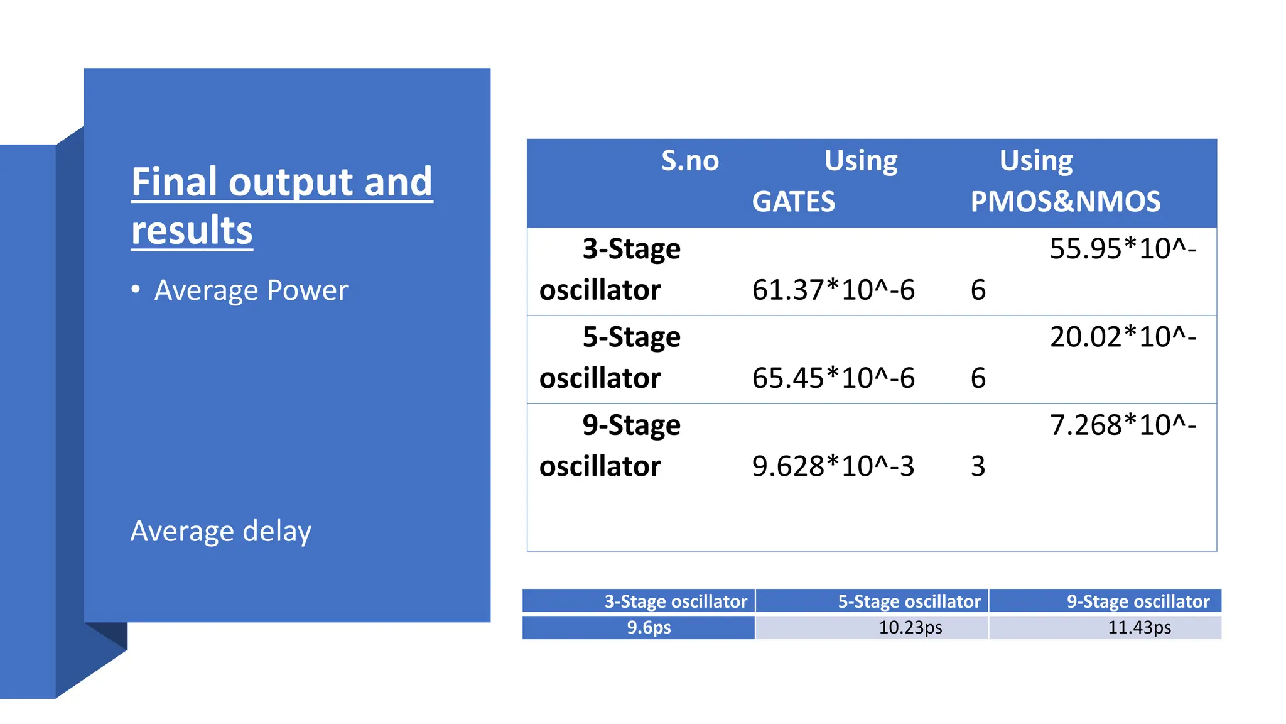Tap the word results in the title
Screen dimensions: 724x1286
(x=192, y=230)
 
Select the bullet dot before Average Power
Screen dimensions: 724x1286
(x=136, y=289)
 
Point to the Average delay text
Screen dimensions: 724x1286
(x=220, y=531)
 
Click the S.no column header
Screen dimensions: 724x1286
(x=689, y=161)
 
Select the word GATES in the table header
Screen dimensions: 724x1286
(x=794, y=202)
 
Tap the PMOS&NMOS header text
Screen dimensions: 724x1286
(x=1065, y=202)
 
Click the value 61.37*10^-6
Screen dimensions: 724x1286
(x=833, y=290)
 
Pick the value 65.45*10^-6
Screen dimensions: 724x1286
(x=833, y=378)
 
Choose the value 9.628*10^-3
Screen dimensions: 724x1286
(x=833, y=466)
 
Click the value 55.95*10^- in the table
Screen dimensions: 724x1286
(x=1123, y=249)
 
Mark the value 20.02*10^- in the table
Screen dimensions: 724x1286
(x=1123, y=337)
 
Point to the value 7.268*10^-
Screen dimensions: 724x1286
(x=1123, y=425)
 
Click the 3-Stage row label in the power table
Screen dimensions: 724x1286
(x=631, y=249)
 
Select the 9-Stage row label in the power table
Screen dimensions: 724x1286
(x=631, y=425)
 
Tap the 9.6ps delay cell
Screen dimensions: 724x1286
(x=649, y=627)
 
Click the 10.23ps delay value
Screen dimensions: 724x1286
(x=910, y=627)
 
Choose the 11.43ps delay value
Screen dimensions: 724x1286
(x=1139, y=627)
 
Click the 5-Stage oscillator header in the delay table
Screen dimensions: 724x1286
(x=909, y=601)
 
